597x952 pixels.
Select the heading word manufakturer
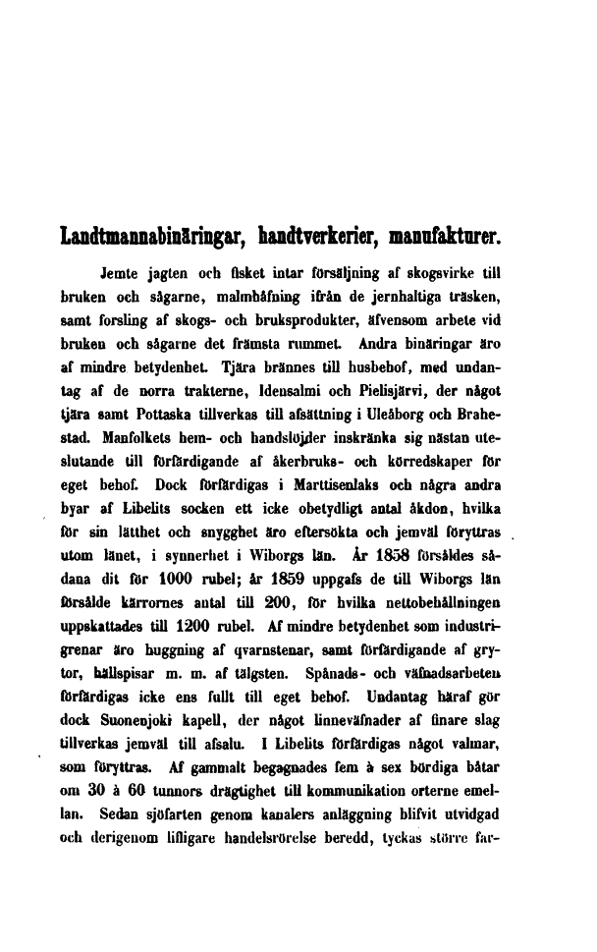443,238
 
